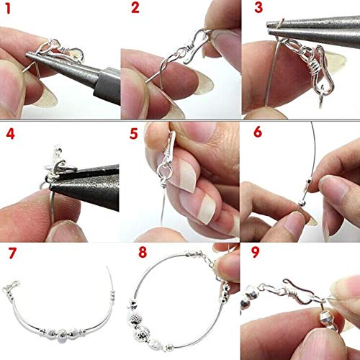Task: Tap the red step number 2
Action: [x=135, y=9]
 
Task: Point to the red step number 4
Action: [x=10, y=133]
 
